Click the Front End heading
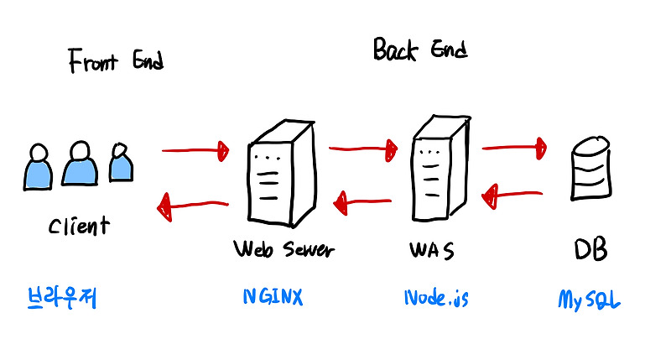tap(116, 60)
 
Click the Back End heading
tap(420, 50)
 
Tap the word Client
tap(79, 226)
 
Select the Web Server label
tap(283, 249)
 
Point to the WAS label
tap(431, 250)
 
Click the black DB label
tap(590, 249)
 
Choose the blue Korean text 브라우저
tap(62, 298)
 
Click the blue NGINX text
tap(273, 297)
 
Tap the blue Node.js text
tap(436, 298)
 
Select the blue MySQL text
tap(589, 300)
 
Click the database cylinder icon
tap(591, 168)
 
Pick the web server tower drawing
tap(282, 174)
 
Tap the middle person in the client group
tap(80, 164)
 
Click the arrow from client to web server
tap(195, 151)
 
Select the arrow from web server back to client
tap(193, 206)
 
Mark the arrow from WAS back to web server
tap(362, 202)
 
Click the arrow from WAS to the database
tap(514, 148)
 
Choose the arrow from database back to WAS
tap(512, 196)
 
